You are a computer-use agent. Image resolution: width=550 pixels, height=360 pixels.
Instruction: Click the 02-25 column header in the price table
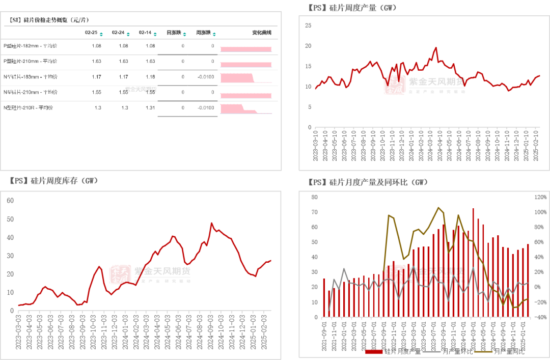coord(91,33)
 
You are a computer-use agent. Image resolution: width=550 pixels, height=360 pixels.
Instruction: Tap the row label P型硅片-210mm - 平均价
coord(30,61)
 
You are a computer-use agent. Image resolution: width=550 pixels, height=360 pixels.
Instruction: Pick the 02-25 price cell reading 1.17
coord(96,77)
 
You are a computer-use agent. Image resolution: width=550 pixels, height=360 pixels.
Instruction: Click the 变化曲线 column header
coord(261,33)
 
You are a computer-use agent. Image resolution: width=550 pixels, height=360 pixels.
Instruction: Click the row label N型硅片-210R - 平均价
coord(29,108)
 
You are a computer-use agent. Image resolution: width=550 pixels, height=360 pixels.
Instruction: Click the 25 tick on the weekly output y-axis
coord(308,25)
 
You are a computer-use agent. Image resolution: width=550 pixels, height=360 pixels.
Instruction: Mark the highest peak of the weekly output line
coord(436,48)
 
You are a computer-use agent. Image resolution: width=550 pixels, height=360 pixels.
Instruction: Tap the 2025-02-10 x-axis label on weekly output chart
coord(536,145)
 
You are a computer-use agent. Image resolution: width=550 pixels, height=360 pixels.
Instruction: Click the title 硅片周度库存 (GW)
coord(53,181)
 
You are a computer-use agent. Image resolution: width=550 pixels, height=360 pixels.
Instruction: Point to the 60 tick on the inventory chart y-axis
coord(10,200)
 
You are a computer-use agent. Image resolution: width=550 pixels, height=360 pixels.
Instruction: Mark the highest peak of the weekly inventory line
coord(212,223)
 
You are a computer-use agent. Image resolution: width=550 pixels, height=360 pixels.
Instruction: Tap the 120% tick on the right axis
coord(540,197)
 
